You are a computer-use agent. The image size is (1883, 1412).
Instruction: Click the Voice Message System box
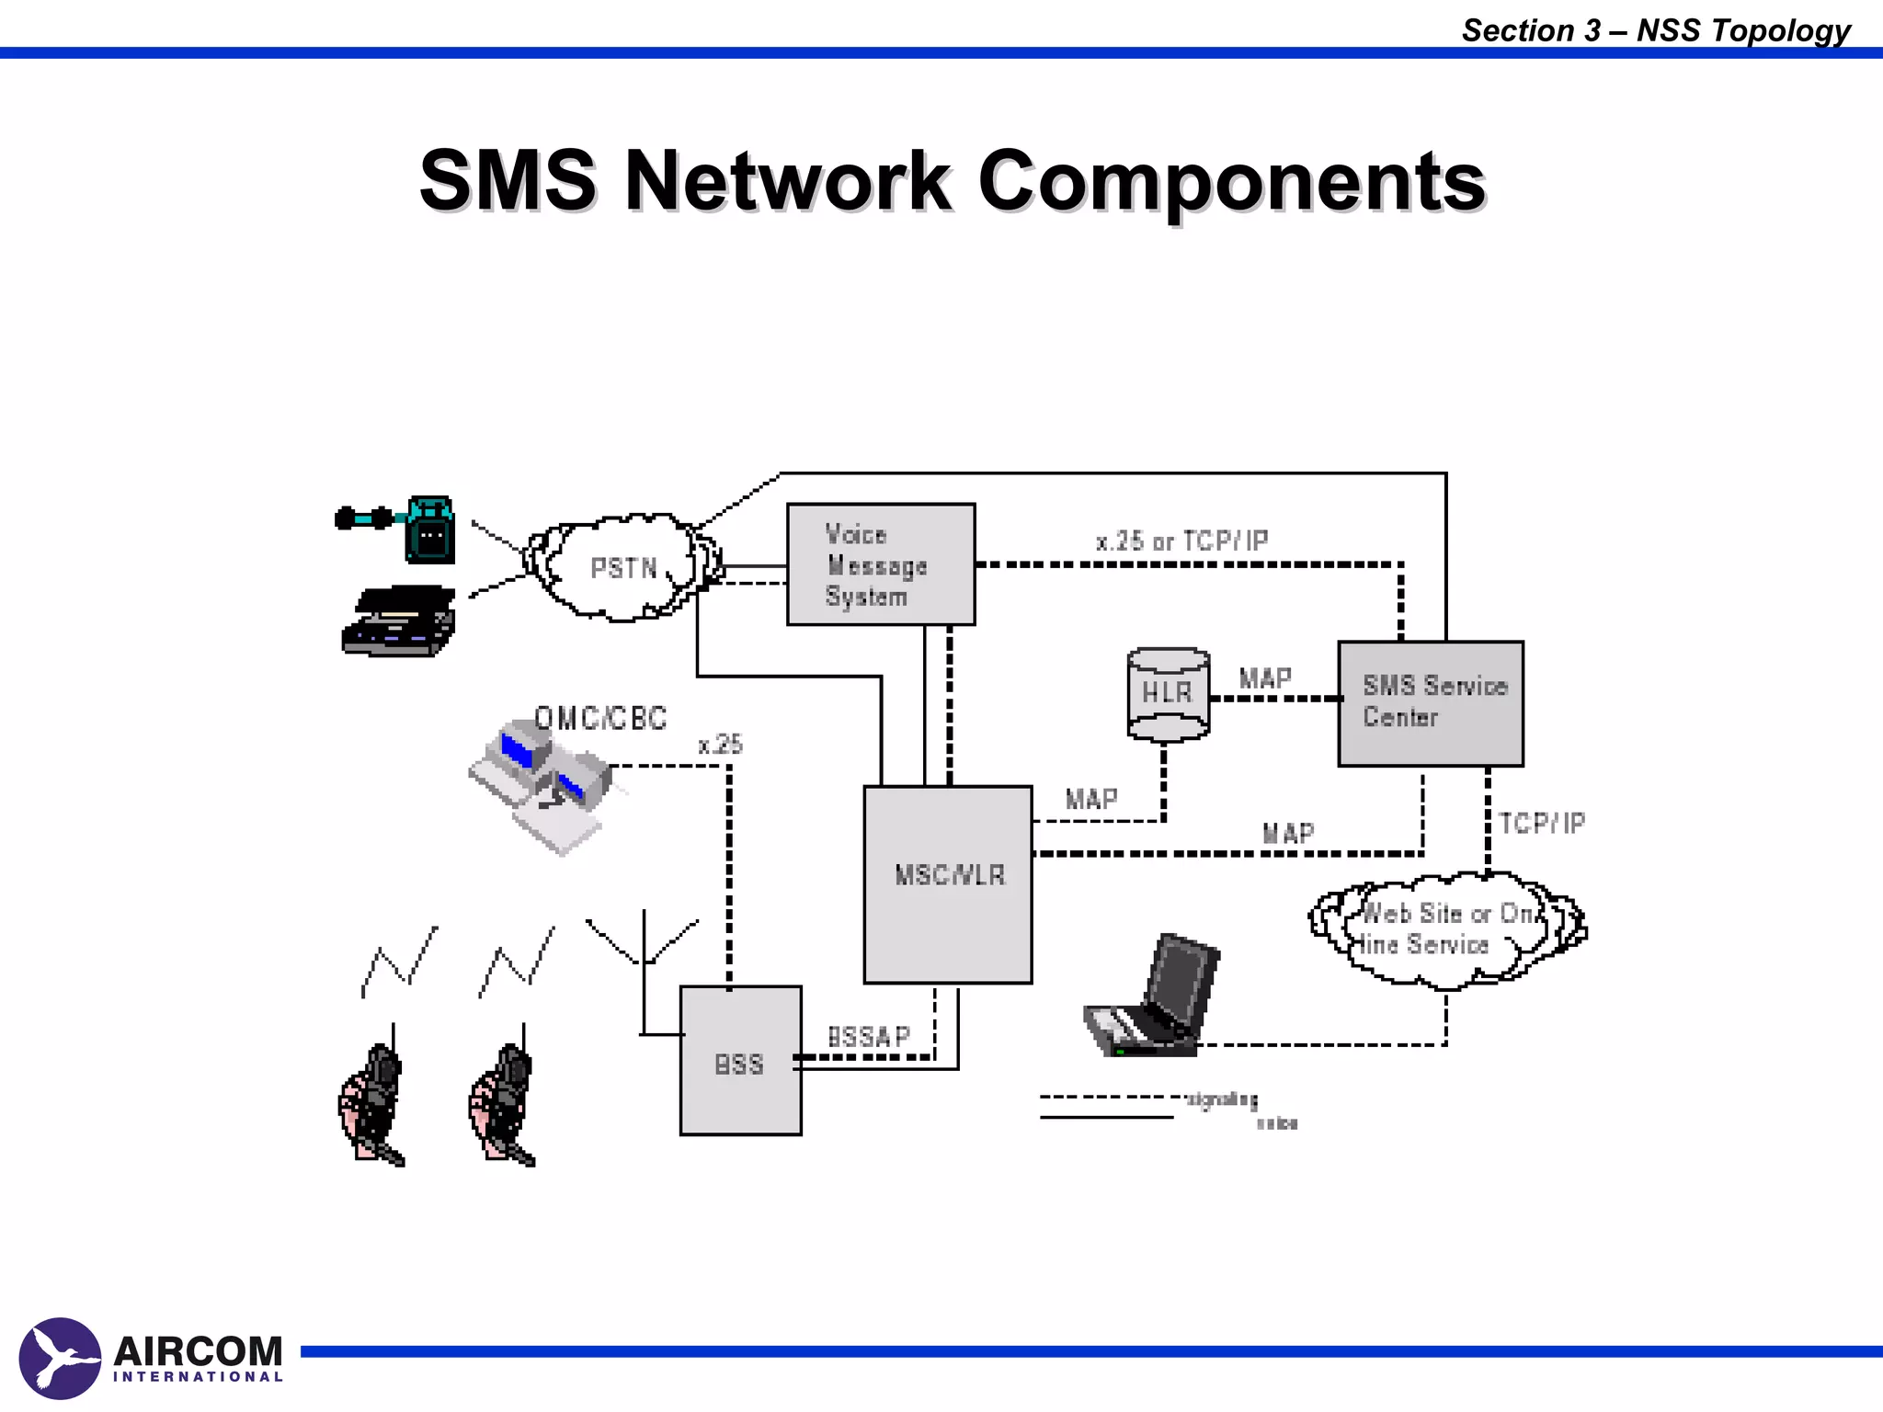pos(880,564)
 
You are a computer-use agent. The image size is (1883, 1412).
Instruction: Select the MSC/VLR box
pos(948,884)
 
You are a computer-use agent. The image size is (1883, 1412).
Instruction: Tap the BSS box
pos(740,1061)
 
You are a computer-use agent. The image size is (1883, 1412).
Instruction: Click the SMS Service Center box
pos(1431,703)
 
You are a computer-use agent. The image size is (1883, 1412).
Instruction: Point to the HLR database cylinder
pos(1168,694)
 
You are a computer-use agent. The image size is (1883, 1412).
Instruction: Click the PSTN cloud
pos(622,568)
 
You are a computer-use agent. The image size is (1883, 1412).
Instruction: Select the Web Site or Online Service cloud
pos(1446,929)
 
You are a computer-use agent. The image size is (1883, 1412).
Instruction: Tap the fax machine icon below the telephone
pos(400,621)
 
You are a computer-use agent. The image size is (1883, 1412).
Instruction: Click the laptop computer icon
pos(1156,999)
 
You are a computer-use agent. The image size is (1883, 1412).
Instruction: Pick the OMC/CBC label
pos(600,718)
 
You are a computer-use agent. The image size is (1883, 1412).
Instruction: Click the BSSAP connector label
pos(868,1037)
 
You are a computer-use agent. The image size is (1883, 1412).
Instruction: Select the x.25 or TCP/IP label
pos(1181,541)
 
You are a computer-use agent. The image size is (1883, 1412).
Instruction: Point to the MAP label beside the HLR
pos(1265,678)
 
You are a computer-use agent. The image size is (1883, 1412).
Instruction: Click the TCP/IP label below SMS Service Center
pos(1542,823)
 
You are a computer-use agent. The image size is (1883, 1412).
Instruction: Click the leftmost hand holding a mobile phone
pos(371,1103)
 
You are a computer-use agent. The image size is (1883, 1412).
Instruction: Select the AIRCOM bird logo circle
pos(60,1358)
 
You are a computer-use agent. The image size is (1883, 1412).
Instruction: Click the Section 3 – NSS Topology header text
pos(1655,29)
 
